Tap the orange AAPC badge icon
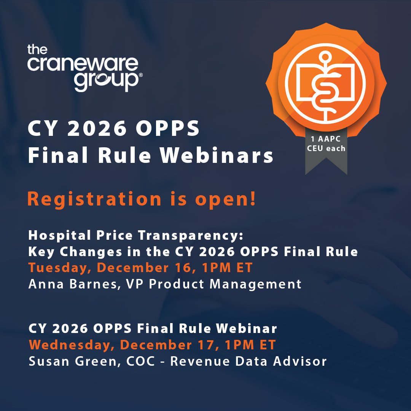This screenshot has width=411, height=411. point(325,82)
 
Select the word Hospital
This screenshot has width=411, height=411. point(53,236)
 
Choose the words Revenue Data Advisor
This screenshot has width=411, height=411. point(248,361)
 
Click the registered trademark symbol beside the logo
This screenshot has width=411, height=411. point(141,76)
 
